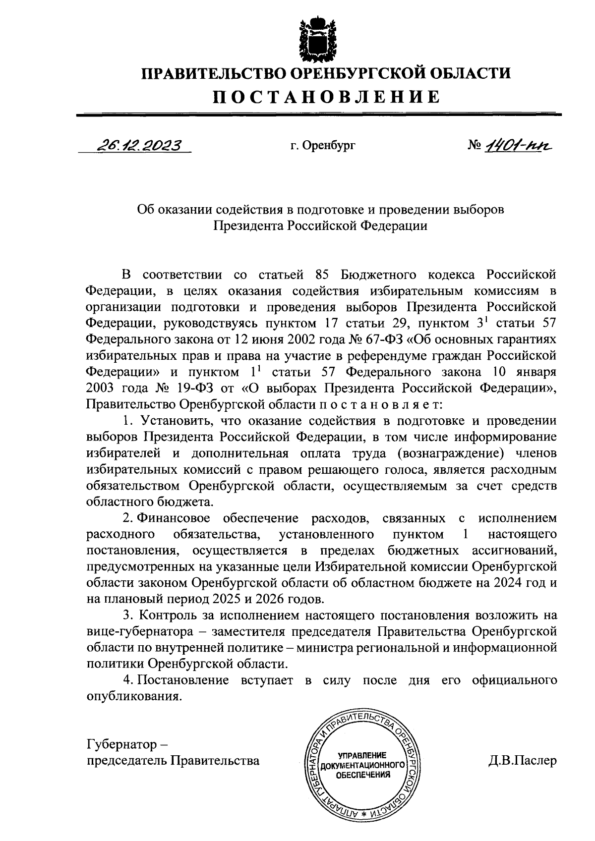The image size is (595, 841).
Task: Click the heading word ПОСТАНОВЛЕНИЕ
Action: click(x=327, y=97)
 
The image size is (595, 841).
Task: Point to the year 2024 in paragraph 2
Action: click(x=508, y=583)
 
